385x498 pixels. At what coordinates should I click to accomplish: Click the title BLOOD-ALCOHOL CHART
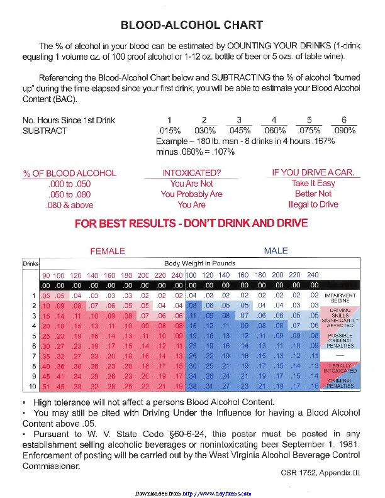pyautogui.click(x=192, y=26)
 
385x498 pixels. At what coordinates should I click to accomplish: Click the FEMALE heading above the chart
pyautogui.click(x=108, y=251)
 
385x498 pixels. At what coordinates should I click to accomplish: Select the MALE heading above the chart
pyautogui.click(x=276, y=251)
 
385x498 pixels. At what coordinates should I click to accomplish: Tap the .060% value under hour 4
pyautogui.click(x=274, y=131)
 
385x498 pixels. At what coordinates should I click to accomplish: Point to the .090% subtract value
pyautogui.click(x=344, y=131)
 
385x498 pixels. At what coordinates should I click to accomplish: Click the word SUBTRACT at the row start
pyautogui.click(x=45, y=131)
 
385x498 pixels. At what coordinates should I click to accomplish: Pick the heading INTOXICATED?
pyautogui.click(x=191, y=173)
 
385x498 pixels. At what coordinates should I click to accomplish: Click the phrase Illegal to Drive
pyautogui.click(x=313, y=204)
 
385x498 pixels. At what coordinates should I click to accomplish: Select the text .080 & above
pyautogui.click(x=70, y=205)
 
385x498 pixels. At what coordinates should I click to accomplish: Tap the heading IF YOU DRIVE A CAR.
pyautogui.click(x=313, y=172)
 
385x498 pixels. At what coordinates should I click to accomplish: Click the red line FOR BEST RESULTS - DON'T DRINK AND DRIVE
pyautogui.click(x=191, y=223)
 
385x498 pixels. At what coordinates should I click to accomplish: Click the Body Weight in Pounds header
pyautogui.click(x=199, y=263)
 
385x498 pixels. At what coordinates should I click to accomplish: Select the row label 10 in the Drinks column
pyautogui.click(x=31, y=385)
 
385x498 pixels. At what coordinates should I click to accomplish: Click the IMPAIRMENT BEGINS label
pyautogui.click(x=340, y=298)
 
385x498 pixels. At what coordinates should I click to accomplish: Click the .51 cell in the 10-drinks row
pyautogui.click(x=45, y=386)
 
